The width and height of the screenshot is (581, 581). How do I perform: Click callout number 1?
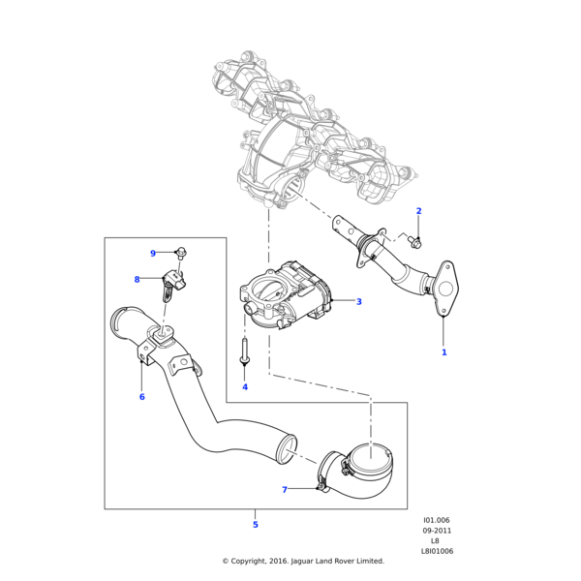click(444, 352)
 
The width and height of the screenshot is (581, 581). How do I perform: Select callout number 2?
click(418, 211)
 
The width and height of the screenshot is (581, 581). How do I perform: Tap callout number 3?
click(358, 302)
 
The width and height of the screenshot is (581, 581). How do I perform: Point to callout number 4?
click(244, 387)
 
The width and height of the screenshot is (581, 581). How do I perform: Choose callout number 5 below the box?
click(256, 525)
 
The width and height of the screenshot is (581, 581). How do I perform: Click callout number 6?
click(141, 397)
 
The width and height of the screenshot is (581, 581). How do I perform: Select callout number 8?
click(137, 280)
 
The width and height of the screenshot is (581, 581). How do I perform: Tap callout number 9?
click(153, 254)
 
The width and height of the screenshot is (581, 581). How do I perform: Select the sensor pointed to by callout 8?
click(174, 283)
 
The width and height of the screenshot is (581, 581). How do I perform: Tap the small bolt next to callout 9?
click(182, 254)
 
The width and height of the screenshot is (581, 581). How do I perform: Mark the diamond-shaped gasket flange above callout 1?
click(445, 287)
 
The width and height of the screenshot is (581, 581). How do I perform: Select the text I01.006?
click(436, 520)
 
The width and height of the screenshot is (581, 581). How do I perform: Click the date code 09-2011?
click(436, 531)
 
